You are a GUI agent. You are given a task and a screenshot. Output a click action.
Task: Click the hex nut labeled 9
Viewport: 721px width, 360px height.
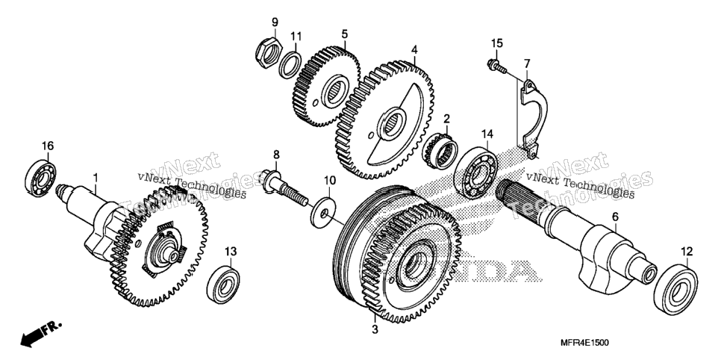click(268, 53)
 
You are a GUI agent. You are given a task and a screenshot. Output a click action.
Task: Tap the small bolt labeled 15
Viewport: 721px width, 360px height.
click(496, 66)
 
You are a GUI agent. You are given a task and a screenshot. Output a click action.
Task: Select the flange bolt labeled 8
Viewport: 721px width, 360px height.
click(285, 189)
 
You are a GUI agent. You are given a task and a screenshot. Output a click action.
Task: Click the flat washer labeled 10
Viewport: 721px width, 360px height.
click(322, 213)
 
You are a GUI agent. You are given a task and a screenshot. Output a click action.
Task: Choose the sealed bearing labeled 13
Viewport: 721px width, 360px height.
click(223, 285)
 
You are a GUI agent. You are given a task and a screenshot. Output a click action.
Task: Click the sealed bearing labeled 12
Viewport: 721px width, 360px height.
click(675, 289)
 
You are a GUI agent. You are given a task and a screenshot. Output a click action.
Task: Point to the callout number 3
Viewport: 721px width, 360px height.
click(375, 329)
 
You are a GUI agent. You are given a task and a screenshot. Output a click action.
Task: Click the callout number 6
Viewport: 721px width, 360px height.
click(615, 216)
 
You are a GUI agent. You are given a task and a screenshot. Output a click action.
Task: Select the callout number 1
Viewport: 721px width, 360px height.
click(96, 177)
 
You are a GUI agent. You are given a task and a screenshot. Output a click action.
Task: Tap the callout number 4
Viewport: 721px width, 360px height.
click(414, 49)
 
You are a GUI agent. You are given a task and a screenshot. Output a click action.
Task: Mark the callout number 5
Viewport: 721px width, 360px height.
click(344, 34)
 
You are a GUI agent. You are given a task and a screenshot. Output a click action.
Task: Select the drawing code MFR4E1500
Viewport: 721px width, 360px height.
click(585, 343)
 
